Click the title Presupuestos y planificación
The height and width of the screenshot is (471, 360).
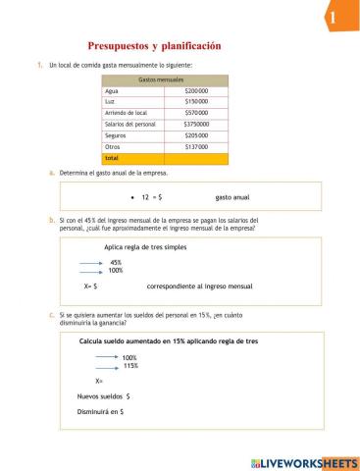coord(155,46)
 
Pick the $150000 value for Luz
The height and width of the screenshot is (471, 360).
coord(197,101)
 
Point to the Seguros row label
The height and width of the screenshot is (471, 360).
coord(117,135)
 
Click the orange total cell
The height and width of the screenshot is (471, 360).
coord(132,158)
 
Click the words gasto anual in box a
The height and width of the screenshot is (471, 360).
coord(232,196)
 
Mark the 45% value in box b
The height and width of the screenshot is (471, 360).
coord(116,262)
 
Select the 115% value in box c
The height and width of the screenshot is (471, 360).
coord(130,365)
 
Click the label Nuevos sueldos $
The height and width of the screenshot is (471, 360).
coord(104,395)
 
